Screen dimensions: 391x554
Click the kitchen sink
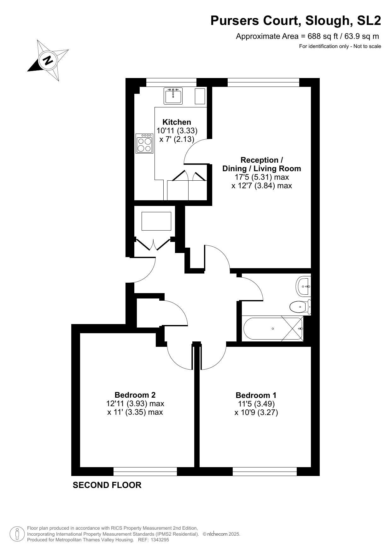click(x=173, y=96)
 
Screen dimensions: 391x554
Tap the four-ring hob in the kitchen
click(x=144, y=144)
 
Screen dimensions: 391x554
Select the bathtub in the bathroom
click(x=273, y=328)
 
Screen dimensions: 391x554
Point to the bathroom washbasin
click(x=304, y=286)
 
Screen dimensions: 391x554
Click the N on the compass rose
click(x=48, y=60)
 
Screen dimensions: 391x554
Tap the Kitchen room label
click(x=177, y=122)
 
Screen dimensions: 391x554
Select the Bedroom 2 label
click(x=135, y=395)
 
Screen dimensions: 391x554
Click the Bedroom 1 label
click(x=256, y=395)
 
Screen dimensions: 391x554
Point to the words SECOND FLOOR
click(x=107, y=485)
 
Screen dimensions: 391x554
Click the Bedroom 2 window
click(x=145, y=472)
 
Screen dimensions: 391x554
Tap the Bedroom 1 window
click(x=265, y=472)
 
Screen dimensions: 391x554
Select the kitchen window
click(x=171, y=82)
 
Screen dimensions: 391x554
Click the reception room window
click(x=263, y=82)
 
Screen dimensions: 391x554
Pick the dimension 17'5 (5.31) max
click(x=262, y=177)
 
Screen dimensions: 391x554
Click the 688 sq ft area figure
click(x=320, y=36)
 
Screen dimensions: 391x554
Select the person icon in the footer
click(x=17, y=534)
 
